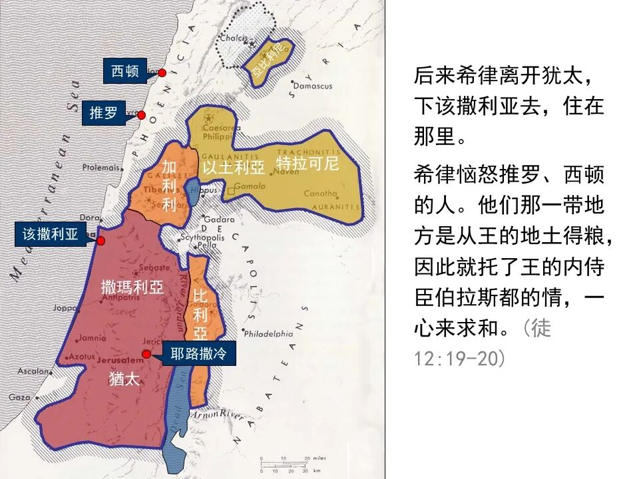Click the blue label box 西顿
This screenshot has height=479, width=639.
[x=125, y=71]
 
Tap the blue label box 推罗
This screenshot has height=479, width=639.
[x=103, y=113]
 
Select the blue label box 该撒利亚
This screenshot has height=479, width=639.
[x=51, y=234]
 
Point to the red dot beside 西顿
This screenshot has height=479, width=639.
[x=162, y=73]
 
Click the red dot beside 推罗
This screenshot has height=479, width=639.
[x=141, y=115]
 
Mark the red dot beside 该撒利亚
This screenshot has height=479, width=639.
[x=101, y=240]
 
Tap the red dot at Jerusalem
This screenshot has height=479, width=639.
[x=146, y=355]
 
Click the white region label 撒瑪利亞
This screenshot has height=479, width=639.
[x=132, y=287]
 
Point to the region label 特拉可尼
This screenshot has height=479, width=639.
[x=308, y=163]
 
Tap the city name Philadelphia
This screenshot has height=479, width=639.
[x=268, y=333]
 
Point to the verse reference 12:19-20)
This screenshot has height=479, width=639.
[x=459, y=359]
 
